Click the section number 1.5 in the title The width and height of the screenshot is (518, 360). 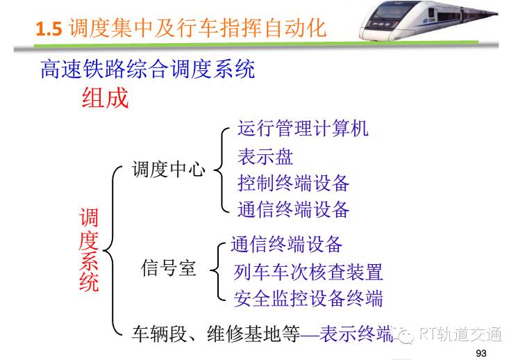click(x=49, y=28)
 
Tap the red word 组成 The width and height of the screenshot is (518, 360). click(x=105, y=98)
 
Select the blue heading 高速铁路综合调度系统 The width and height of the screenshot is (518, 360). click(x=148, y=69)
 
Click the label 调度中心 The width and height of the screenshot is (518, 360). click(x=169, y=169)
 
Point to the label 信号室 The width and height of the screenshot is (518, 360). click(x=169, y=268)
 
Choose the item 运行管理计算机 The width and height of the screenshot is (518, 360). click(x=303, y=128)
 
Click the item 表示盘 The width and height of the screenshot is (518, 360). click(x=265, y=156)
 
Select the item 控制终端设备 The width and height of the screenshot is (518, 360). click(x=293, y=183)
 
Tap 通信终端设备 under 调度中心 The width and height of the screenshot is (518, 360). click(x=293, y=209)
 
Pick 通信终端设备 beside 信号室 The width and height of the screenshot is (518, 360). click(x=286, y=245)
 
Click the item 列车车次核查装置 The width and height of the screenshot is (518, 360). click(x=308, y=272)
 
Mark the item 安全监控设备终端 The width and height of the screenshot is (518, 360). click(x=308, y=299)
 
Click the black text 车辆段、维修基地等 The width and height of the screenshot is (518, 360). click(x=216, y=333)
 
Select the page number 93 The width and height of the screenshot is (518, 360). click(x=481, y=353)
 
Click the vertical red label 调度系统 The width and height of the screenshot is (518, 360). click(x=89, y=249)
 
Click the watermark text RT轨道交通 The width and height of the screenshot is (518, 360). click(x=461, y=334)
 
